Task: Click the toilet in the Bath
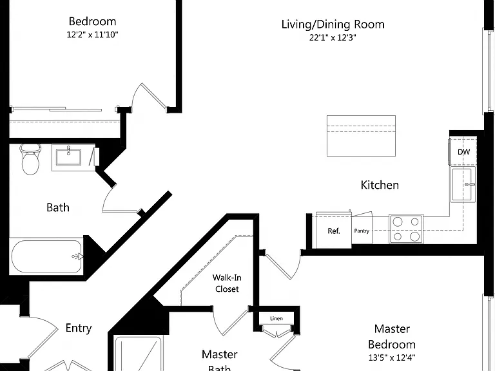pos(30,160)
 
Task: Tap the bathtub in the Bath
pos(46,256)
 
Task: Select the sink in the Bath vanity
pos(68,157)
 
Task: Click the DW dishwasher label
pos(464,152)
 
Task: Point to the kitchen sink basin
pos(463,185)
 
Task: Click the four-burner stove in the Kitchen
pos(406,229)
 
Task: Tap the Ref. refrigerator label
pos(334,231)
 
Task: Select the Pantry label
pos(362,231)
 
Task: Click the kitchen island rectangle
pos(361,136)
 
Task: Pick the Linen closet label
pos(277,319)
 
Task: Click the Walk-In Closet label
pos(227,283)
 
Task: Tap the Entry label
pos(79,328)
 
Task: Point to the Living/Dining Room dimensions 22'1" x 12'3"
pos(333,38)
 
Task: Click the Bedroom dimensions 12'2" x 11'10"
pos(93,34)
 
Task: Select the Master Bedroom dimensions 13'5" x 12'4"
pos(392,357)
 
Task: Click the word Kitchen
pos(380,185)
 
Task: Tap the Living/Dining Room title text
pos(333,24)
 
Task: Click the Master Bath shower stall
pos(139,354)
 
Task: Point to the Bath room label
pos(58,207)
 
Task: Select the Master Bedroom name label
pos(392,337)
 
